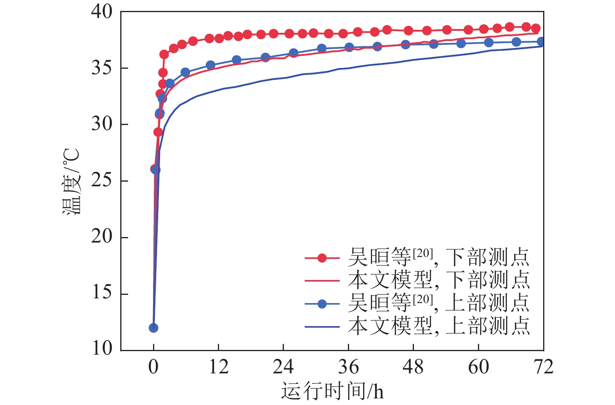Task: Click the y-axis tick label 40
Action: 102,12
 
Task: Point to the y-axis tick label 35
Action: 102,68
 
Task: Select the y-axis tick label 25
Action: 102,181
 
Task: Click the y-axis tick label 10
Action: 102,349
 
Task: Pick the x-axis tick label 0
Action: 153,367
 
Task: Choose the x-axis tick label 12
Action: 218,367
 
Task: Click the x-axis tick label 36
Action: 348,367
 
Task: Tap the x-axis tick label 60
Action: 478,367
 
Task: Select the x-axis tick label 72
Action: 543,367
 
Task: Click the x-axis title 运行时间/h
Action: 332,391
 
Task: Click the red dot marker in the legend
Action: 322,258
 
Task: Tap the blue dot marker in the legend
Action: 322,304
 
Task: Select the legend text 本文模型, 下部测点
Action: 439,280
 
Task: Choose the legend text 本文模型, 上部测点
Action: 439,326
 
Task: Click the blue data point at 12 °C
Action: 153,328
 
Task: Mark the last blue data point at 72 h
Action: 541,42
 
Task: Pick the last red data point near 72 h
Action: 536,28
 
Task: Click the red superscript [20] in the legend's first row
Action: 423,253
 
